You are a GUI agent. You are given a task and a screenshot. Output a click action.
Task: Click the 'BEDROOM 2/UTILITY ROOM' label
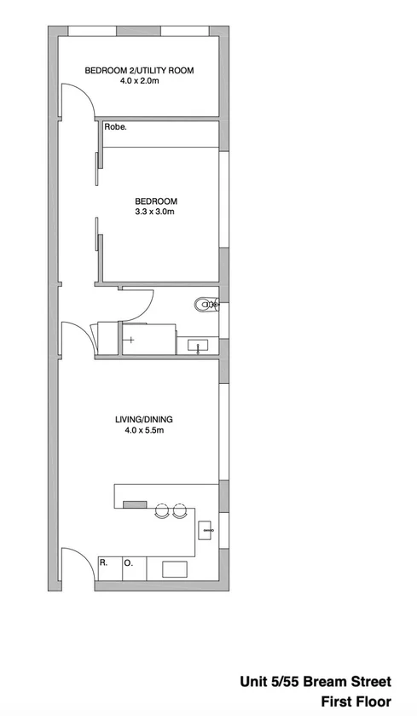139,71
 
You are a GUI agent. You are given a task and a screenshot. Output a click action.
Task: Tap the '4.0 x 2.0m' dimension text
139,83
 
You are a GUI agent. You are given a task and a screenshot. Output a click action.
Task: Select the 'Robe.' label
115,128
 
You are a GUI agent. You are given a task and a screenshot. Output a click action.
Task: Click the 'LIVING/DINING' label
143,419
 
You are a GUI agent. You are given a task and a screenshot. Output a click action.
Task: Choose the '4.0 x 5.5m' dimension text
143,431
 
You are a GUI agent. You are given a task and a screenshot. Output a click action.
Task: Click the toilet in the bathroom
206,304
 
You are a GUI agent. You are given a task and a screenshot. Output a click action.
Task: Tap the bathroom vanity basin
199,346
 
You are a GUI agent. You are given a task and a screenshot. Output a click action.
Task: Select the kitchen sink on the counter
206,530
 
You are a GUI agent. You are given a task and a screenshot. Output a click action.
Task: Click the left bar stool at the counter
161,512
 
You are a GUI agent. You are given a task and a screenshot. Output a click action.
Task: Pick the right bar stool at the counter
179,512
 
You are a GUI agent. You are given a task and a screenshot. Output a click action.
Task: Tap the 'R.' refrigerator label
103,563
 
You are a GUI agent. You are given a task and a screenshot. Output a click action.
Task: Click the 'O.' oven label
129,563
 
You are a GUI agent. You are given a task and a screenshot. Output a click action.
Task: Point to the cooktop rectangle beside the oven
176,568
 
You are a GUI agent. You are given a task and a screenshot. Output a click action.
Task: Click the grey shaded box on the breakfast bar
136,504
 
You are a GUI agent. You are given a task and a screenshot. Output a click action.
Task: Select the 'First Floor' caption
355,701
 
